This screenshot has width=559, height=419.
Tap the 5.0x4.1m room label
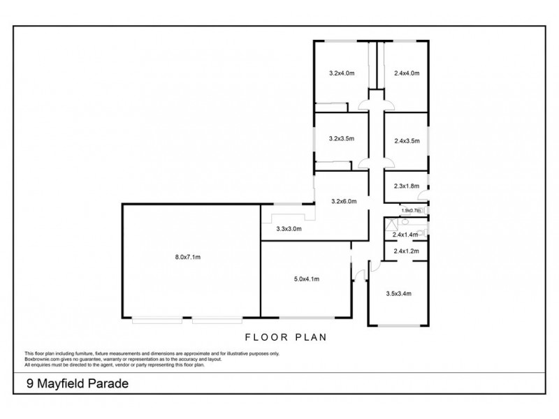[306, 279]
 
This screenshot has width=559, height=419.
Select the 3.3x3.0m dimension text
[288, 228]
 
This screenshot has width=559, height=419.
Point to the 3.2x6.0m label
[344, 201]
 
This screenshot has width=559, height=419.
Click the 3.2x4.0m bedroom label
[342, 73]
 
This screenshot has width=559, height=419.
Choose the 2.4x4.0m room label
[406, 73]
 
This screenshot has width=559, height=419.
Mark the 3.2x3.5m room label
[342, 139]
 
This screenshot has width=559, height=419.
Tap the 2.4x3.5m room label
[406, 141]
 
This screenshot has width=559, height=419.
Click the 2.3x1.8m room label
[406, 186]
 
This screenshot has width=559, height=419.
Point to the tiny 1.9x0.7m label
[411, 210]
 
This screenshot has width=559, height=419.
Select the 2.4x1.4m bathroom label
[406, 235]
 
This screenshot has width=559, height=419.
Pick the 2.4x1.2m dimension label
[406, 251]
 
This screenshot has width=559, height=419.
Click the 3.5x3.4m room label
[398, 294]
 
